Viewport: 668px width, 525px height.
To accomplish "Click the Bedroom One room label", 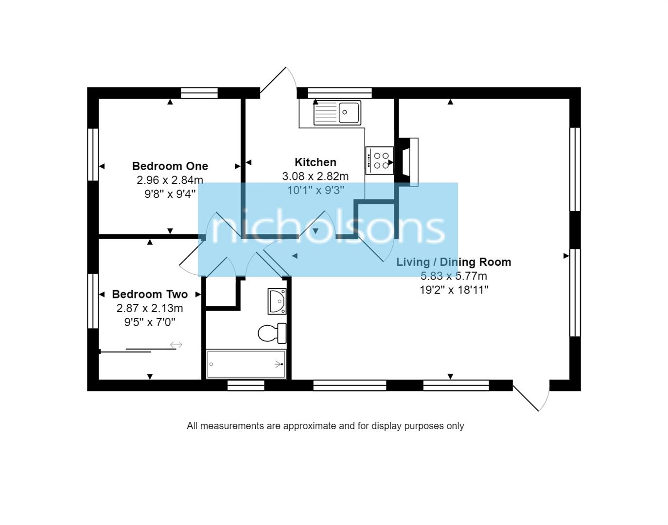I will pyautogui.click(x=170, y=166).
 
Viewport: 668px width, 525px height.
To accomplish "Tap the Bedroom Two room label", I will pyautogui.click(x=150, y=294).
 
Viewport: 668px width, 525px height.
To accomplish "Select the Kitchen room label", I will pyautogui.click(x=315, y=162).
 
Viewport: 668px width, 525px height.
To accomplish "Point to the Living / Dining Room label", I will pyautogui.click(x=454, y=262).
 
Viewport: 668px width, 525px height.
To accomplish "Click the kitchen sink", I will pyautogui.click(x=337, y=113).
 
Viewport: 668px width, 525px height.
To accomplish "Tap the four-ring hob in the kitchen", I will pyautogui.click(x=380, y=160).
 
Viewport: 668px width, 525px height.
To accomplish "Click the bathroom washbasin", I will pyautogui.click(x=277, y=301).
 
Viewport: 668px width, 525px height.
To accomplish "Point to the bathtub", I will pyautogui.click(x=246, y=364).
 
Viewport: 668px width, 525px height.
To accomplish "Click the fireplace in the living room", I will pyautogui.click(x=408, y=162).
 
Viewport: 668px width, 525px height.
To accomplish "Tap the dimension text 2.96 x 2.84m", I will pyautogui.click(x=170, y=180).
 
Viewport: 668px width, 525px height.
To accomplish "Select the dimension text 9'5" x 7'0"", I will pyautogui.click(x=150, y=322).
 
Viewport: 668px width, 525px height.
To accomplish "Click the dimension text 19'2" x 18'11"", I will pyautogui.click(x=454, y=290).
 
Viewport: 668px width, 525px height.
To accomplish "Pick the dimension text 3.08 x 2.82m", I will pyautogui.click(x=315, y=176).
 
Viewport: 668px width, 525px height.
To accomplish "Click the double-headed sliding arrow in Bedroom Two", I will pyautogui.click(x=176, y=345).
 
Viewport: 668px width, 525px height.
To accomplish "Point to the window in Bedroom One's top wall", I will pyautogui.click(x=199, y=92).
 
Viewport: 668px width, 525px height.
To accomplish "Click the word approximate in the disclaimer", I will pyautogui.click(x=309, y=426).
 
